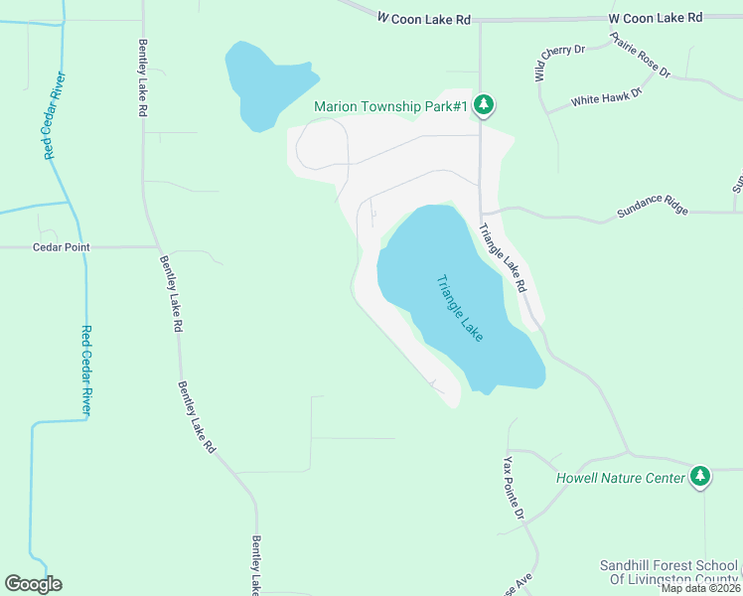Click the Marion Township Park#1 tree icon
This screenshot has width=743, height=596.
pos(484,105)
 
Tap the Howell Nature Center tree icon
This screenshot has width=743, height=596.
pos(701,478)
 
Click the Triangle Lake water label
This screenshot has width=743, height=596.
pos(460,309)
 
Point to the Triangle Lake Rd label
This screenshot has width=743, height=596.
pos(502,256)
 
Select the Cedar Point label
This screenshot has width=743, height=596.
pos(61,247)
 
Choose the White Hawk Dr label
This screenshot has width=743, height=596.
pos(607,97)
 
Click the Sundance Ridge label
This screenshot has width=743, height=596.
pos(653,210)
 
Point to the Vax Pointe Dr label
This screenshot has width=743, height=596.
pos(513,489)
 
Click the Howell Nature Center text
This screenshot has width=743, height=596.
pos(620,479)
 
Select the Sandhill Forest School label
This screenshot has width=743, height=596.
pos(669,572)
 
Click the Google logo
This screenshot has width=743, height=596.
pos(33,584)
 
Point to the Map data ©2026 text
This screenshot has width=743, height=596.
pos(700,588)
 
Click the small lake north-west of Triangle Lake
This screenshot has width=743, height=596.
pos(266,84)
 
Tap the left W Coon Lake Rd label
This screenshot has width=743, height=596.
pos(423,18)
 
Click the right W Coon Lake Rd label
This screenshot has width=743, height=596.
pos(655,18)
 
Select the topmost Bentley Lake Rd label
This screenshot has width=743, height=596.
pos(142,79)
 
